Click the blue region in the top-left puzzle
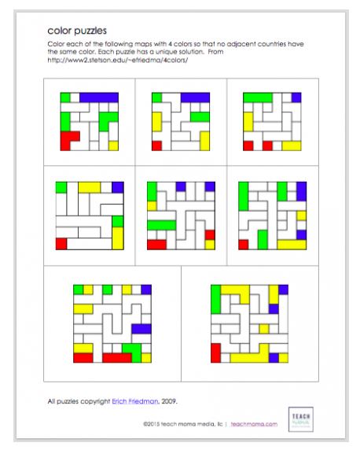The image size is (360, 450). tap(98, 97)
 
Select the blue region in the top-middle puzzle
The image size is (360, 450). tap(195, 98)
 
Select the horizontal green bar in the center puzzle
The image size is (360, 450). tap(161, 225)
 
